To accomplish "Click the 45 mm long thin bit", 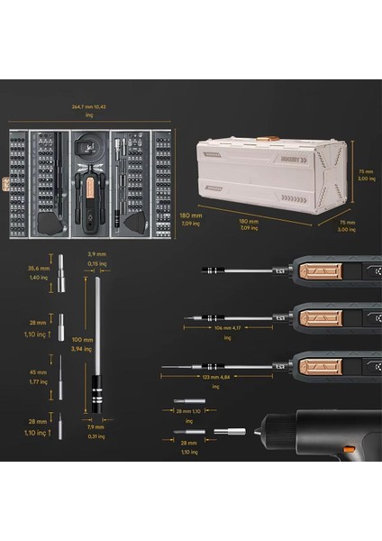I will point(61,374).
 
